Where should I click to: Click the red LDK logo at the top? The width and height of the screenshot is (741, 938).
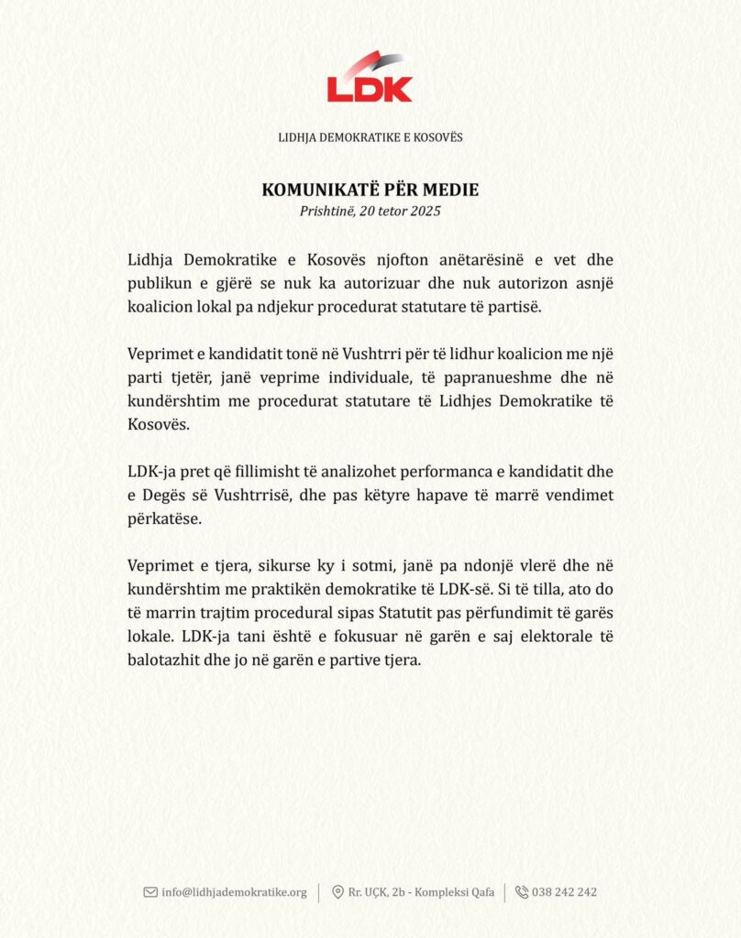point(370,78)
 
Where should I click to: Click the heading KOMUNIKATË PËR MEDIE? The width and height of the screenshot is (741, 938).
point(370,191)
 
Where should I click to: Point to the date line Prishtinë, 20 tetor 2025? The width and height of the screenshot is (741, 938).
point(370,212)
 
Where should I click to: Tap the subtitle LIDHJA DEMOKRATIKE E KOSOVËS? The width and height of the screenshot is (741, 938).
point(370,137)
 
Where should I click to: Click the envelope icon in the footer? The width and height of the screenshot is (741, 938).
point(150,892)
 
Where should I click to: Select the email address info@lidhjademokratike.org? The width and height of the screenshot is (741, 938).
point(234,892)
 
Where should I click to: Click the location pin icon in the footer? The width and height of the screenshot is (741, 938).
point(337,892)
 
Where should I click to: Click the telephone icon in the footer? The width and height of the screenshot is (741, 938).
point(521,892)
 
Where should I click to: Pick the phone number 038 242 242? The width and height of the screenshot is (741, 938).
point(564,892)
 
